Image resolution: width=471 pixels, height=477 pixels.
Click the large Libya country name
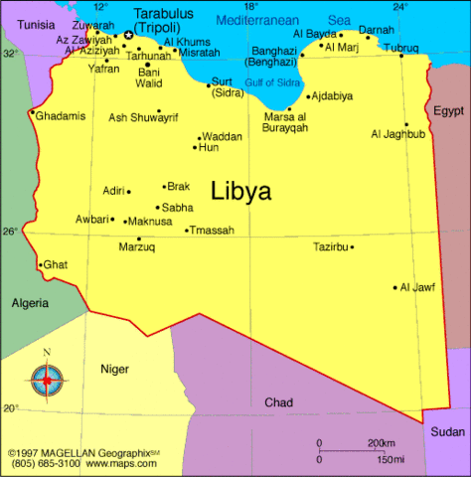pyautogui.click(x=241, y=191)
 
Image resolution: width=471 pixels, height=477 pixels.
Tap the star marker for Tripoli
pyautogui.click(x=128, y=35)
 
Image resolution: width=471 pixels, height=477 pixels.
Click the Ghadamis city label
pyautogui.click(x=62, y=116)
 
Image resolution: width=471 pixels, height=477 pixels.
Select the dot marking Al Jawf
pyautogui.click(x=394, y=287)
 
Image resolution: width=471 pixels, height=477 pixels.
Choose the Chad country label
pyautogui.click(x=278, y=401)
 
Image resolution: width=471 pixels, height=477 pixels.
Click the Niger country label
pyautogui.click(x=114, y=370)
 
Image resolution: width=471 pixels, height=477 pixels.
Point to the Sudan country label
pyautogui.click(x=447, y=431)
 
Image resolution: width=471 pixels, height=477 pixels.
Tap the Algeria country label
pyautogui.click(x=31, y=302)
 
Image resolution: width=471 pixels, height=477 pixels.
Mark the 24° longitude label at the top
pyautogui.click(x=399, y=7)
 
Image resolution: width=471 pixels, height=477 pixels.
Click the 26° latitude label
pyautogui.click(x=10, y=230)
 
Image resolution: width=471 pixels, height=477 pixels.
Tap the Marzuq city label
pyautogui.click(x=136, y=247)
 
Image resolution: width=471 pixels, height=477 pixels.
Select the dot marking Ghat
pyautogui.click(x=40, y=264)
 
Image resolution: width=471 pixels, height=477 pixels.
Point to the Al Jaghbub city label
pyautogui.click(x=397, y=134)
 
